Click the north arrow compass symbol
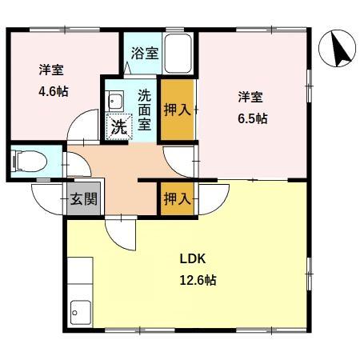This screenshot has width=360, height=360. [337, 51]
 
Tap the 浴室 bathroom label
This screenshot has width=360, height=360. [144, 54]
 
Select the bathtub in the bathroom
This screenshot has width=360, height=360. [178, 54]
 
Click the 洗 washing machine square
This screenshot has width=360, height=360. [118, 126]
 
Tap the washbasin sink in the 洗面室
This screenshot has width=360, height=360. [114, 102]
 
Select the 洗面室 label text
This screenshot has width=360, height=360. [145, 107]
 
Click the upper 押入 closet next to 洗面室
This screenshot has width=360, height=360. [176, 107]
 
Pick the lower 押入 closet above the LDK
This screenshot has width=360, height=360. [176, 198]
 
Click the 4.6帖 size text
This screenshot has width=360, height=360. [54, 91]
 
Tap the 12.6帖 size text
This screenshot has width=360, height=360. [197, 280]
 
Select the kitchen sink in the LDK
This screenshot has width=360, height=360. [81, 309]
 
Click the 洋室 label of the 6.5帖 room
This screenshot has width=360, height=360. [250, 97]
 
